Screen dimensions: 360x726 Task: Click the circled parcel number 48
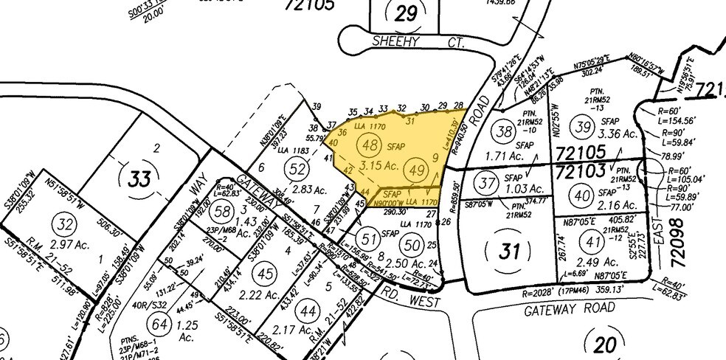click(x=371, y=146)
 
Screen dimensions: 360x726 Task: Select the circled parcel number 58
click(x=220, y=212)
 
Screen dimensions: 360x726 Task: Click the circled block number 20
click(x=602, y=345)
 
